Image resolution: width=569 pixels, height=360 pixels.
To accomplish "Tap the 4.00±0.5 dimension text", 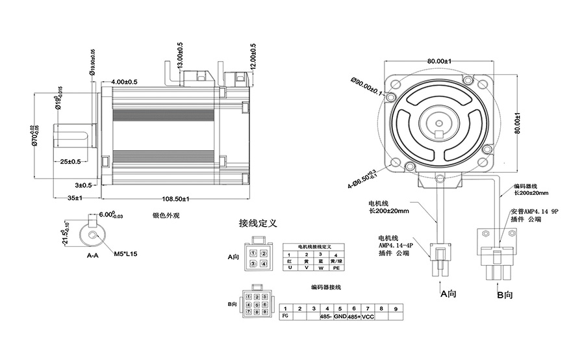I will click(124, 82).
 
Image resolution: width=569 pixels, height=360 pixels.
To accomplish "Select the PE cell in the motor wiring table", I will click(335, 267).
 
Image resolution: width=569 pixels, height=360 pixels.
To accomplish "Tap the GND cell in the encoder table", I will click(340, 316).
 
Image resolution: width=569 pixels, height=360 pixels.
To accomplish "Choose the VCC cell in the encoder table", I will click(368, 316).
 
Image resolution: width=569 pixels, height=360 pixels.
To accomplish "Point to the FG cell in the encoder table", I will click(284, 316).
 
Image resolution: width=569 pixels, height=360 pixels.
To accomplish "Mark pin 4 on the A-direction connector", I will click(264, 264).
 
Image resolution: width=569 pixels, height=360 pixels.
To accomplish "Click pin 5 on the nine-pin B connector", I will click(257, 303).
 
